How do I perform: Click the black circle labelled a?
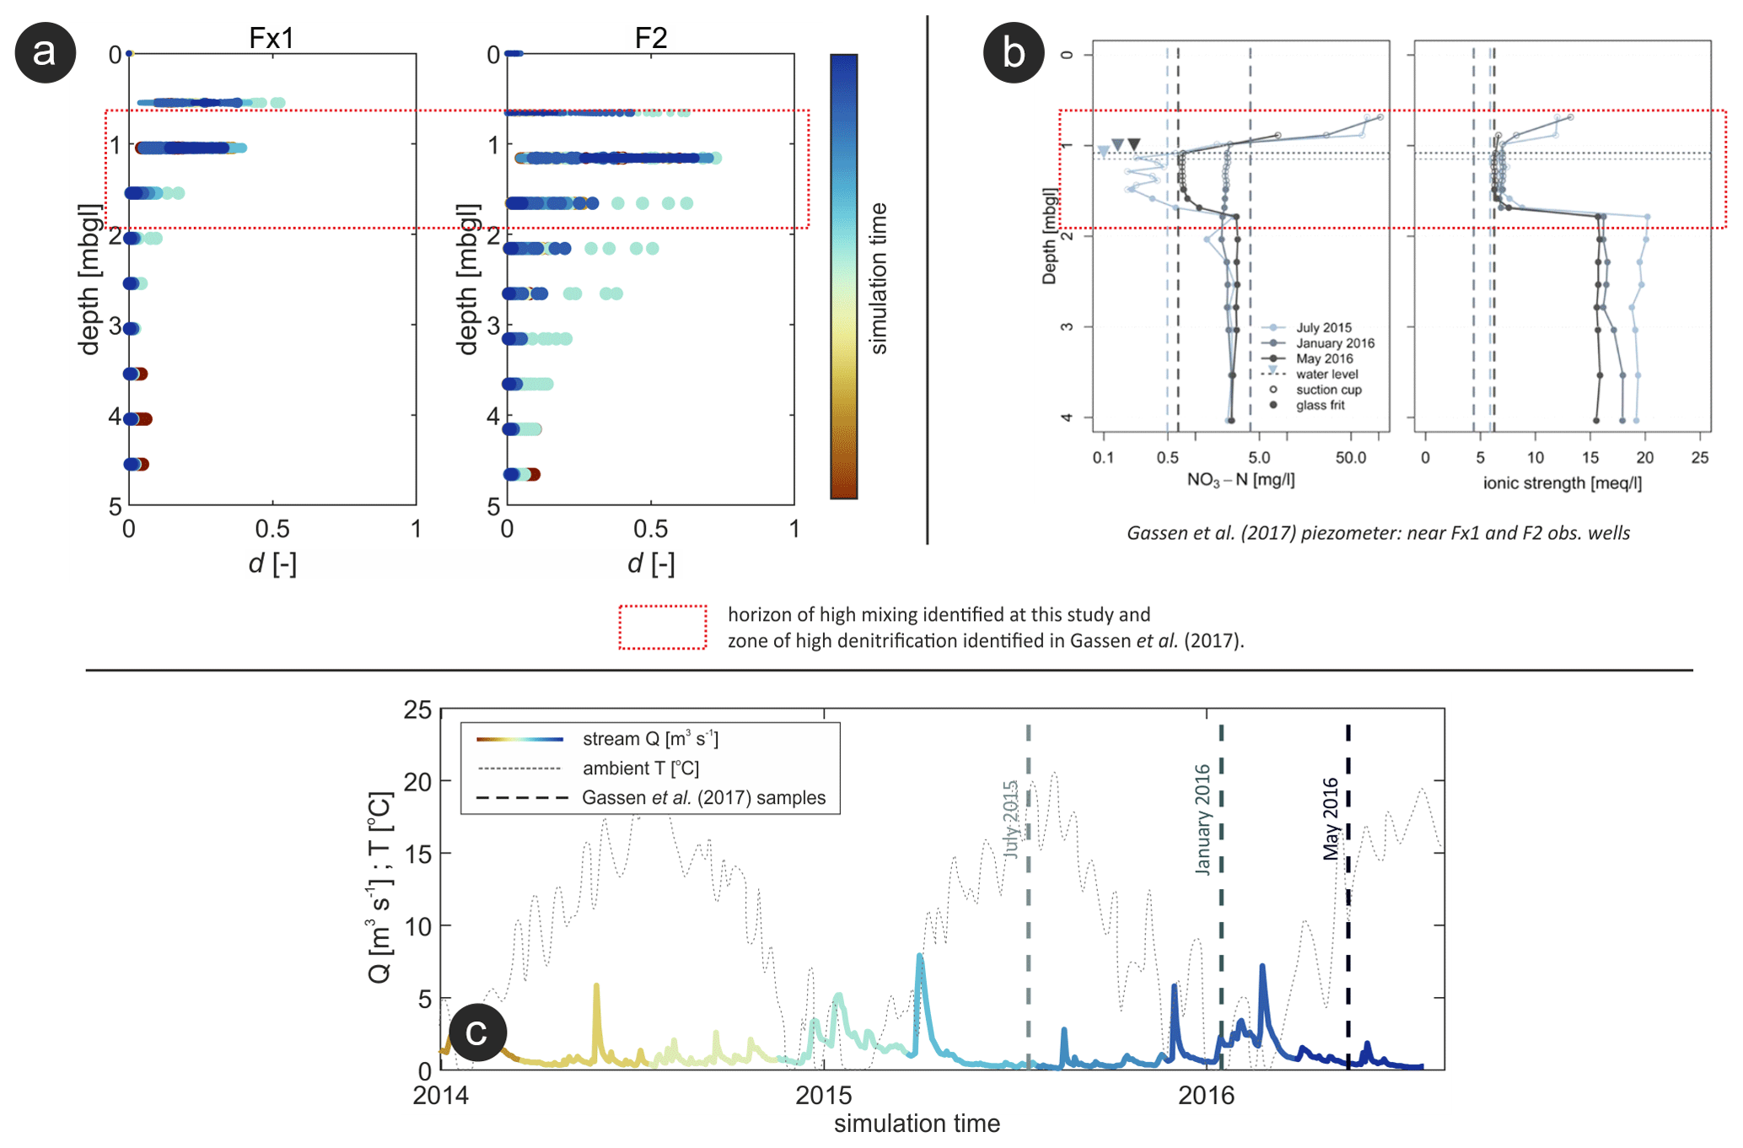[46, 52]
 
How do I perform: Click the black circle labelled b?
[1014, 52]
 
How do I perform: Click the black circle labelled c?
[477, 1032]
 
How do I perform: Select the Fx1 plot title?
[271, 38]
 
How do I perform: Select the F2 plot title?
[650, 38]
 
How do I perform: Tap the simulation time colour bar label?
[879, 278]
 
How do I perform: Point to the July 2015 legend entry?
[1323, 327]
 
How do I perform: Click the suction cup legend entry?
[1328, 390]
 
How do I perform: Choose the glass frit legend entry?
[1320, 406]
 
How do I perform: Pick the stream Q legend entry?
[650, 739]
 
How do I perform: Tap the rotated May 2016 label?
[1331, 818]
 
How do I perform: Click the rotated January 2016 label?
[1202, 819]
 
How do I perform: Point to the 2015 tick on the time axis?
[824, 1095]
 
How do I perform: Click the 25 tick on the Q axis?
[418, 710]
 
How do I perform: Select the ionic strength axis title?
[1562, 482]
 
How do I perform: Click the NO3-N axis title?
[1240, 480]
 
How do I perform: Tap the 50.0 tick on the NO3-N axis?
[1350, 458]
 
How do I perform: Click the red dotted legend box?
[663, 628]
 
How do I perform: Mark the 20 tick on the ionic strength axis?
[1644, 458]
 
